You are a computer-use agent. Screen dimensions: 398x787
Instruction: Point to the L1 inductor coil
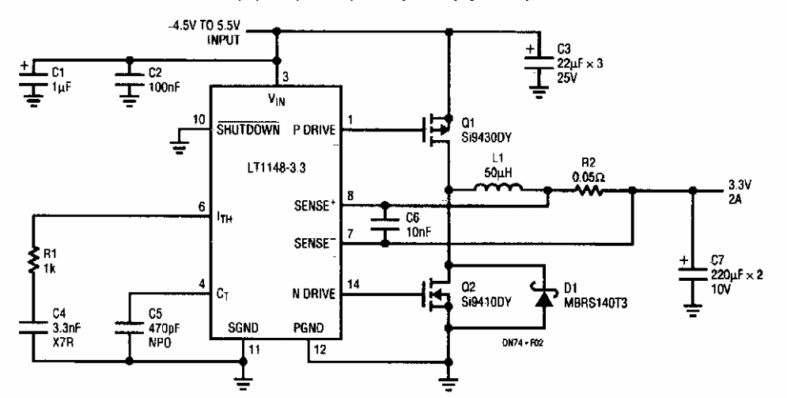[498, 188]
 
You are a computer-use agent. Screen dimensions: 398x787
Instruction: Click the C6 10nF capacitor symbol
[385, 224]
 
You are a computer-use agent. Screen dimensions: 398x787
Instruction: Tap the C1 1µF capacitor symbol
[35, 74]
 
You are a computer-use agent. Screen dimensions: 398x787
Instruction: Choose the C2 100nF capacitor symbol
[128, 74]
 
